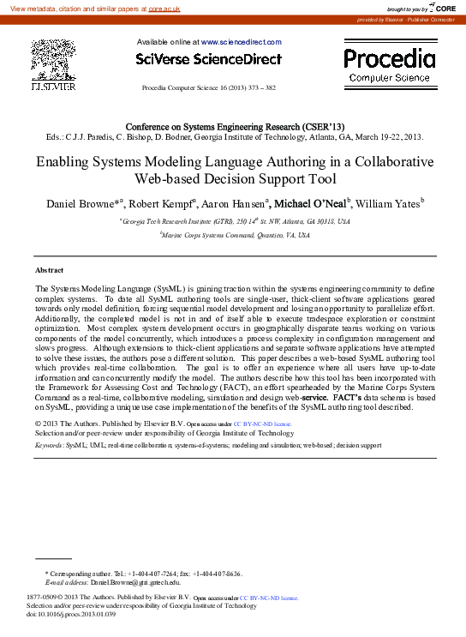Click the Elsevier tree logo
pyautogui.click(x=52, y=61)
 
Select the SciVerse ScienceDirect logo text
pyautogui.click(x=208, y=59)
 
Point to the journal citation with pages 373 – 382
pyautogui.click(x=208, y=88)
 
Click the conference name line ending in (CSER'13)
pyautogui.click(x=235, y=126)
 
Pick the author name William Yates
pyautogui.click(x=388, y=204)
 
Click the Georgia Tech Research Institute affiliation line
pyautogui.click(x=234, y=220)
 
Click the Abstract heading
pyautogui.click(x=49, y=270)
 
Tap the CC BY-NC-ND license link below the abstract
pyautogui.click(x=262, y=424)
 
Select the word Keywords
pyautogui.click(x=48, y=446)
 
